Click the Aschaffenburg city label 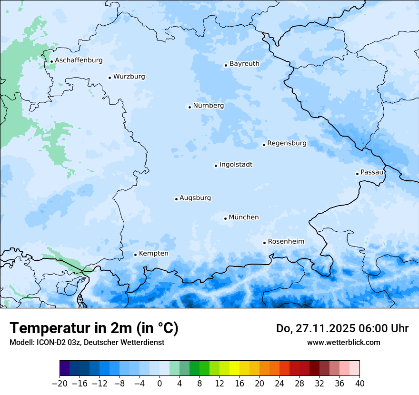(x=79, y=60)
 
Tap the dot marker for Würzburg (x=110, y=78)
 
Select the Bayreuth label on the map (x=244, y=64)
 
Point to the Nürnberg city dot (x=190, y=107)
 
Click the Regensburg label (x=287, y=143)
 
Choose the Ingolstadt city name (x=236, y=165)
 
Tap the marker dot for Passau (x=357, y=174)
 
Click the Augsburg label (x=195, y=198)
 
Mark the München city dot (x=225, y=218)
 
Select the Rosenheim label (x=286, y=242)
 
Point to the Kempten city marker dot (x=135, y=255)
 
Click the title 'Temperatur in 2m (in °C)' (x=94, y=328)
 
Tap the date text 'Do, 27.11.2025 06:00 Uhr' (x=342, y=328)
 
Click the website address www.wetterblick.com (x=343, y=343)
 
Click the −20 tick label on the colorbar (x=60, y=384)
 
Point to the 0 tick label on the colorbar (x=160, y=384)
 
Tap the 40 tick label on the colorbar (x=359, y=384)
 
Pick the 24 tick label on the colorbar (x=279, y=384)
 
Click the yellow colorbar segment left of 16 (x=234, y=368)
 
